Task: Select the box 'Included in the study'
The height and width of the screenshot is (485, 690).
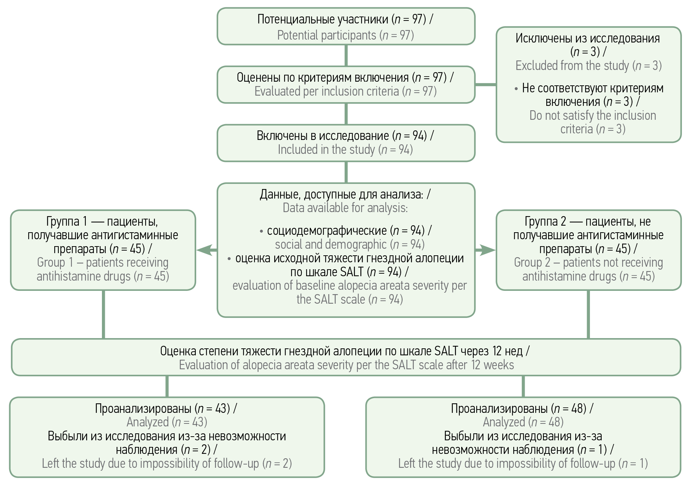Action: (x=346, y=143)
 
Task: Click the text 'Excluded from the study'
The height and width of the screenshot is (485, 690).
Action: (x=572, y=66)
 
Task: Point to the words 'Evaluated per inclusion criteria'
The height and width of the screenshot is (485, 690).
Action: (x=326, y=91)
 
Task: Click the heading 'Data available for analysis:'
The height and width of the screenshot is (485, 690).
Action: (x=345, y=208)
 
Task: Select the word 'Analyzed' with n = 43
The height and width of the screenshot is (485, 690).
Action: (x=147, y=422)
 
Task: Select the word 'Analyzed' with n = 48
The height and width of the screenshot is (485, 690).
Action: (x=504, y=422)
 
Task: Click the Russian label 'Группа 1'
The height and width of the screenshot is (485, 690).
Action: (x=66, y=221)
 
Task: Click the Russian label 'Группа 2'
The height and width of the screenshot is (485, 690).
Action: (x=545, y=221)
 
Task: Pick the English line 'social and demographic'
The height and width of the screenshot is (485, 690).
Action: (x=331, y=244)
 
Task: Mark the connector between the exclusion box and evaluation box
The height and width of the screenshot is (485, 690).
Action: (x=485, y=85)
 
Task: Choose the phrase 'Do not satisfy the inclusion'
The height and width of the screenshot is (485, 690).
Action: (x=592, y=115)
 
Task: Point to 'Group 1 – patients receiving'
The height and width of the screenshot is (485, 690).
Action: (x=103, y=262)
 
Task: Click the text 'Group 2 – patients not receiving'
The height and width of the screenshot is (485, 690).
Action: (x=588, y=262)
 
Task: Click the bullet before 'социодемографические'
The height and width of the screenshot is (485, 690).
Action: (x=261, y=232)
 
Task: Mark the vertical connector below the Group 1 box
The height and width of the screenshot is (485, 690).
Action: (x=103, y=314)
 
